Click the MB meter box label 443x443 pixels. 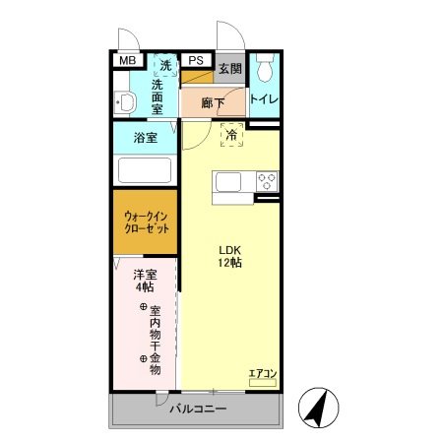point(127,61)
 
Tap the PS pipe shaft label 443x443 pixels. point(195,61)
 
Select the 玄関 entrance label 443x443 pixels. point(229,69)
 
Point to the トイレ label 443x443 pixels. point(263,99)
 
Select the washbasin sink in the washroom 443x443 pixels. point(124,101)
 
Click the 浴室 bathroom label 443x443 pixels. point(145,138)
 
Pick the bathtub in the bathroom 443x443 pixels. point(145,170)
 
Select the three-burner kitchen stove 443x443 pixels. point(267,181)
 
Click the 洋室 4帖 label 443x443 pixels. point(144,282)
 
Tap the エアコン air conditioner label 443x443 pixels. point(262,373)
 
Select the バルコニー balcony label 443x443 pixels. point(197,409)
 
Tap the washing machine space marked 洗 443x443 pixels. point(165,65)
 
